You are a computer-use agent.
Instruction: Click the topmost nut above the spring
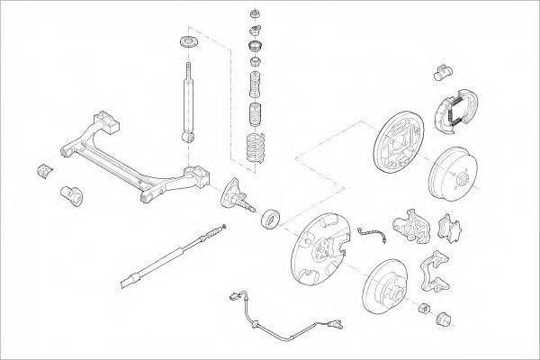pyautogui.click(x=255, y=15)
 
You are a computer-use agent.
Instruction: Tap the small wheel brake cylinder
pyautogui.click(x=442, y=71)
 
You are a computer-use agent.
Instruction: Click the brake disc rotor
pyautogui.click(x=383, y=289)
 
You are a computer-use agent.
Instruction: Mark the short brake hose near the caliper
pyautogui.click(x=371, y=236)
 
